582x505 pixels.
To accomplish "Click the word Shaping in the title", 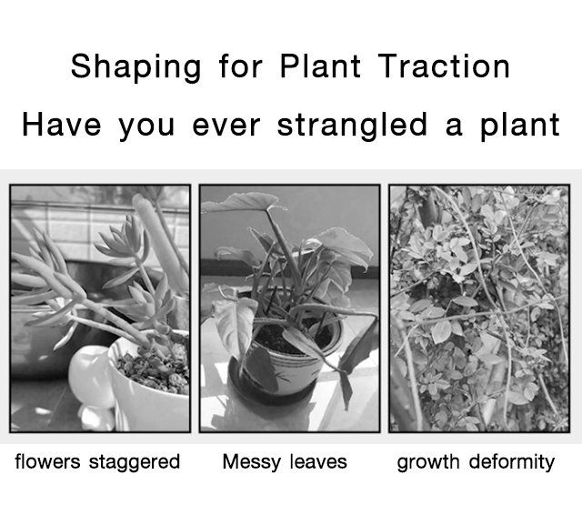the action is [x=135, y=66].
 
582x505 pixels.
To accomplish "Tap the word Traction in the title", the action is [x=444, y=66].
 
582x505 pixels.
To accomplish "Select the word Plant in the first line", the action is [x=320, y=66].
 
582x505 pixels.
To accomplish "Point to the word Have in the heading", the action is [x=62, y=125].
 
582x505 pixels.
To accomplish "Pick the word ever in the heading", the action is [x=226, y=126].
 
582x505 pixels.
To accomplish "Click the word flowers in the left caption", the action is [x=47, y=461].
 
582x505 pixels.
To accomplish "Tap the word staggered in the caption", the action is [x=135, y=462].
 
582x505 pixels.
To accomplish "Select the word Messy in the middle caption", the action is [x=251, y=462].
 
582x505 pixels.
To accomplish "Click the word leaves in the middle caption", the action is [x=318, y=461].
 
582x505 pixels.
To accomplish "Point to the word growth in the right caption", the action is [x=428, y=462].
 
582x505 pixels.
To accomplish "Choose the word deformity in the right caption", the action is [x=512, y=462].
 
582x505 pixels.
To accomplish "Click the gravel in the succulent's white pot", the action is [x=156, y=368].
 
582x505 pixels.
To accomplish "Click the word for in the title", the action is [x=240, y=66].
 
